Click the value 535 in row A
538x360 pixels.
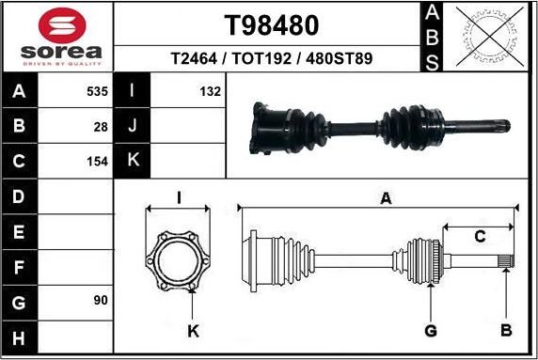(97, 91)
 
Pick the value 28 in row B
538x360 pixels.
(101, 125)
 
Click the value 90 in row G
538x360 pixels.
(101, 300)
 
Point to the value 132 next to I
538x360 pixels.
(210, 91)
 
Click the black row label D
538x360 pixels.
(20, 196)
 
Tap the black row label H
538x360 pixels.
(20, 336)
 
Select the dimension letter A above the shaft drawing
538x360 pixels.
(384, 197)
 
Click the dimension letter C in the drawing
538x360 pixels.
(479, 237)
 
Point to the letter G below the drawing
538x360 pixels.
(431, 330)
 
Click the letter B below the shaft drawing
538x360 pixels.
(505, 330)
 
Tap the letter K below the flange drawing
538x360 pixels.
(193, 330)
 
